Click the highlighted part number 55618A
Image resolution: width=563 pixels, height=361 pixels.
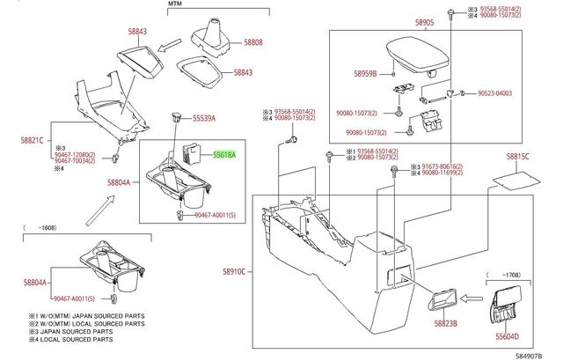tap(223, 153)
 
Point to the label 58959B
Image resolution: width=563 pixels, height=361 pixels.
tap(366, 75)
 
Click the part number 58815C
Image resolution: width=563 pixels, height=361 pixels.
tap(518, 156)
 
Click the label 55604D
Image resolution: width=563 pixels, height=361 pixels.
tap(511, 335)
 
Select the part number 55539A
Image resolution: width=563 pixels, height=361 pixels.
tap(204, 117)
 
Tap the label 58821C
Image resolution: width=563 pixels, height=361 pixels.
tap(32, 140)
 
